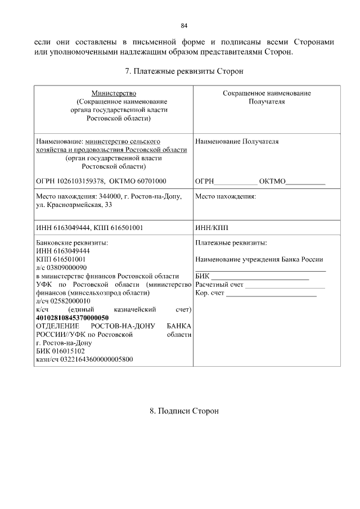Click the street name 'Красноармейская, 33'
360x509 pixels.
tap(79, 205)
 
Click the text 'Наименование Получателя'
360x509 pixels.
tap(237, 141)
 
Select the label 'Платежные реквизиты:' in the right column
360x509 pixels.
tap(231, 243)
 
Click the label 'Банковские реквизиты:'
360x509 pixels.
tap(71, 243)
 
